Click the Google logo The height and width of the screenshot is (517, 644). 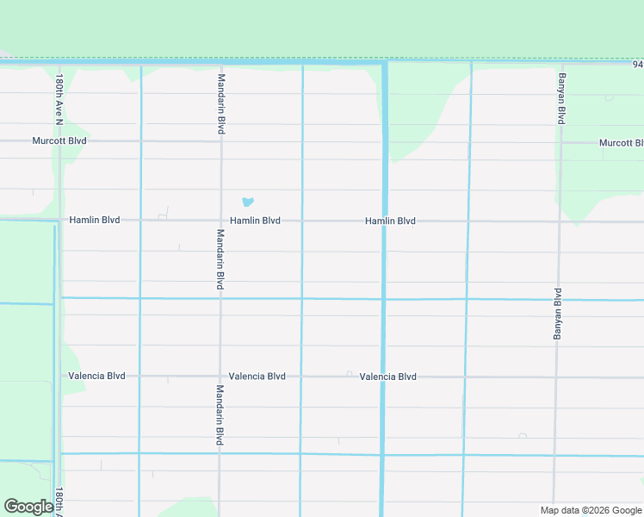[x=28, y=507]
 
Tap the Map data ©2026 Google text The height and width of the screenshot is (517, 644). [x=590, y=510]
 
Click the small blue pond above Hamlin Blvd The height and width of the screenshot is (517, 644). [x=248, y=202]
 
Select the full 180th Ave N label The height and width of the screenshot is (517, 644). [x=59, y=99]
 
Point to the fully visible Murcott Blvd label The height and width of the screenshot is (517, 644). [x=59, y=140]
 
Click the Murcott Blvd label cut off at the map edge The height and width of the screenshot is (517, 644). [x=621, y=143]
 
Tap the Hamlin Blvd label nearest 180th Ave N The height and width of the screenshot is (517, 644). [x=95, y=220]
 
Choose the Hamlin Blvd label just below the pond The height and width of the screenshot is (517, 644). [x=255, y=221]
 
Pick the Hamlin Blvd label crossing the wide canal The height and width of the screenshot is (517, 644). [x=390, y=221]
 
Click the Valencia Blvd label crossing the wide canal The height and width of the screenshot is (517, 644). [x=388, y=377]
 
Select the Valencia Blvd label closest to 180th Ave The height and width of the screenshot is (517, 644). [x=96, y=376]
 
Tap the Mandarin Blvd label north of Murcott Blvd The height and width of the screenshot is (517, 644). [x=221, y=103]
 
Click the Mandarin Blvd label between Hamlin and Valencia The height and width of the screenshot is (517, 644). [x=220, y=259]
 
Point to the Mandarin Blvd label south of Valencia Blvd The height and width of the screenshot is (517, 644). [x=220, y=414]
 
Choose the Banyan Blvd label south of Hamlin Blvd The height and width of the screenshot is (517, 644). [x=557, y=313]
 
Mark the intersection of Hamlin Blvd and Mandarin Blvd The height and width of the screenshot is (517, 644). [x=220, y=220]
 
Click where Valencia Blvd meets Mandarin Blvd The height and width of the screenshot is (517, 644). [x=220, y=377]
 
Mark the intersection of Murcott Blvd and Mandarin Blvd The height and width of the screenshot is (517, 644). [x=221, y=140]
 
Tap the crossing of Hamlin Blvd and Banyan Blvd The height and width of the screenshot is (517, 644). [x=559, y=221]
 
